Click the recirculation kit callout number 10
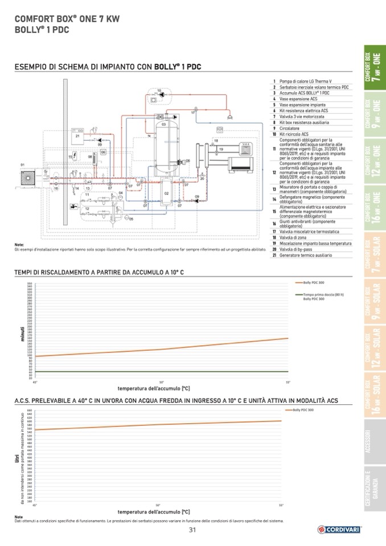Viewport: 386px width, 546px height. click(x=159, y=90)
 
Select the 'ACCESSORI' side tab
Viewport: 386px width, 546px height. click(x=374, y=443)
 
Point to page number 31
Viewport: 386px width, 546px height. click(x=192, y=530)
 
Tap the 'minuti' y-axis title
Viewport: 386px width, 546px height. click(x=22, y=334)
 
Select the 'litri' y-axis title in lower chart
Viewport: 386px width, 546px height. click(x=17, y=457)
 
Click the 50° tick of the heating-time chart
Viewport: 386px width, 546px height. click(x=161, y=381)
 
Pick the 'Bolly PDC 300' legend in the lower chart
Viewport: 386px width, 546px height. click(x=303, y=409)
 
